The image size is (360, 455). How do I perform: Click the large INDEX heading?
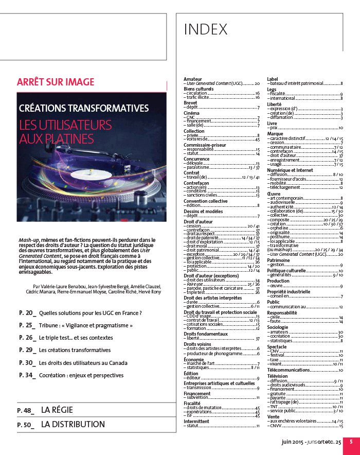point(206,30)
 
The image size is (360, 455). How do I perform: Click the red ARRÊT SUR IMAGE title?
point(56,82)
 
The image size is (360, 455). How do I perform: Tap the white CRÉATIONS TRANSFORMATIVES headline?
point(84,109)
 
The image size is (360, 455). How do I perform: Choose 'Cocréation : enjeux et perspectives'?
point(81,375)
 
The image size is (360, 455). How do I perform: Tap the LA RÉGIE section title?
point(57,410)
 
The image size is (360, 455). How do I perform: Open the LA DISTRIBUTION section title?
point(73,425)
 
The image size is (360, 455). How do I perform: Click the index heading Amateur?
point(193,79)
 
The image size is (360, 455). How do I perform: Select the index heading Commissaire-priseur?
point(205,146)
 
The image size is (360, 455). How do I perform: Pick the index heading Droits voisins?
point(197,344)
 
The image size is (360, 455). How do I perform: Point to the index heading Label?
point(273,79)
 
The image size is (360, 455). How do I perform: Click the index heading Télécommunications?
point(292,370)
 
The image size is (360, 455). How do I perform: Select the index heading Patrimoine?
point(278,260)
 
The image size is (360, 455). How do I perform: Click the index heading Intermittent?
point(196,421)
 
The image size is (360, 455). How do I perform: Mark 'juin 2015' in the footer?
point(292,442)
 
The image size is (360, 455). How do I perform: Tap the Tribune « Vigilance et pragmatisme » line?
point(86,325)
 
